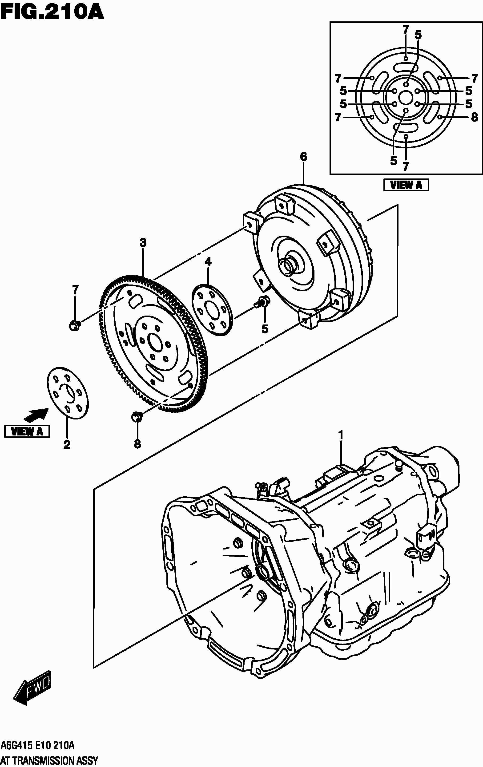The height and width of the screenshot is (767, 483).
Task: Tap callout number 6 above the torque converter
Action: pyautogui.click(x=303, y=157)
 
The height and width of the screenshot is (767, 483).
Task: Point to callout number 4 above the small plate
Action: pyautogui.click(x=208, y=262)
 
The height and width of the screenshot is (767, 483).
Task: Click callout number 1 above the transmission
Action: pyautogui.click(x=341, y=435)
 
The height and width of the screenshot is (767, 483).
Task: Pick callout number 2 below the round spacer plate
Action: pyautogui.click(x=67, y=445)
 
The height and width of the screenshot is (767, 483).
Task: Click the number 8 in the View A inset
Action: pyautogui.click(x=474, y=117)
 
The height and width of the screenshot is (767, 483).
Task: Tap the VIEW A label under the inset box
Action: pyautogui.click(x=406, y=185)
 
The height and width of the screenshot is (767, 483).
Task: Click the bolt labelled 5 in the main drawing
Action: pyautogui.click(x=263, y=301)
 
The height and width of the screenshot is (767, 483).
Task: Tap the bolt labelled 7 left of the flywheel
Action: pyautogui.click(x=75, y=325)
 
